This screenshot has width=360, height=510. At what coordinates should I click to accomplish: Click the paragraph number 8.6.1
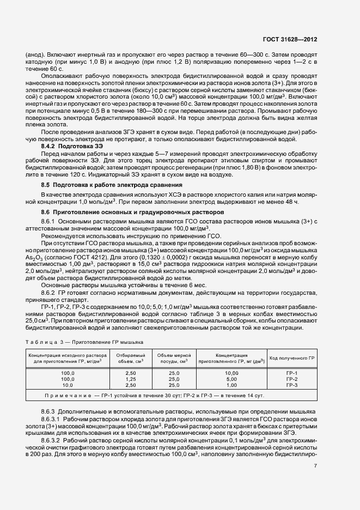pos(49,221)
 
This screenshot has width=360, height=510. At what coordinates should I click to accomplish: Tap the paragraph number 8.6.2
pos(49,292)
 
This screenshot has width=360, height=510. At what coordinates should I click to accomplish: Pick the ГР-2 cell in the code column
pos(292,378)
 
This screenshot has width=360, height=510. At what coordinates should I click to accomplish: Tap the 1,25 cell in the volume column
pos(131,378)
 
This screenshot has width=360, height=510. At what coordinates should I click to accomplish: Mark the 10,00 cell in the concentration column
pos(231,372)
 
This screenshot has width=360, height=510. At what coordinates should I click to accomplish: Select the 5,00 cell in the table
pos(231,378)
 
